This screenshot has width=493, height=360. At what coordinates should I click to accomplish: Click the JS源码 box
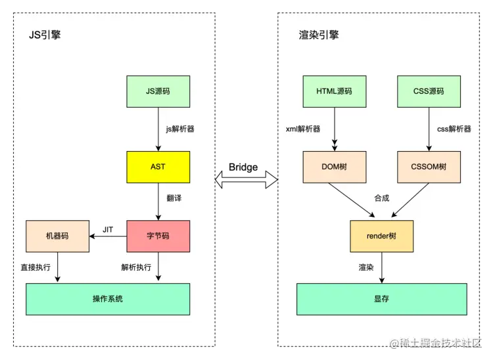[158, 91]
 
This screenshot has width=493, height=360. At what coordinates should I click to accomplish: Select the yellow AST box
[158, 167]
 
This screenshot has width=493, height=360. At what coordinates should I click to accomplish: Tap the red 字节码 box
[158, 236]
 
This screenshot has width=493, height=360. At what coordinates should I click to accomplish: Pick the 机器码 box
[57, 236]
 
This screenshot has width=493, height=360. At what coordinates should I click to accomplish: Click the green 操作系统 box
[108, 299]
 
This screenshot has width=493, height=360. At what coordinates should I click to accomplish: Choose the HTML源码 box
[334, 91]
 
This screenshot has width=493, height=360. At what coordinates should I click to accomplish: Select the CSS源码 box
[428, 91]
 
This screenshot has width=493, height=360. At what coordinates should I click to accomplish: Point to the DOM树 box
[334, 167]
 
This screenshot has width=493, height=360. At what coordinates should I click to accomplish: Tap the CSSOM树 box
[428, 167]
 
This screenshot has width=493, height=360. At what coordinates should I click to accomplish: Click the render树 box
[381, 236]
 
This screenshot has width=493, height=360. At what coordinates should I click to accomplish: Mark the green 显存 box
[381, 299]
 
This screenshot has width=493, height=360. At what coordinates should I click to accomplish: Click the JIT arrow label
[108, 229]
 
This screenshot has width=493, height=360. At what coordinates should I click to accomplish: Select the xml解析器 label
[303, 129]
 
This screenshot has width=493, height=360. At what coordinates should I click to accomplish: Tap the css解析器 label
[454, 129]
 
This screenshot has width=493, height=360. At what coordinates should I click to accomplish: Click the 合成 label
[381, 198]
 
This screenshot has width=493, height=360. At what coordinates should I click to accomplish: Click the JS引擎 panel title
[45, 35]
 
